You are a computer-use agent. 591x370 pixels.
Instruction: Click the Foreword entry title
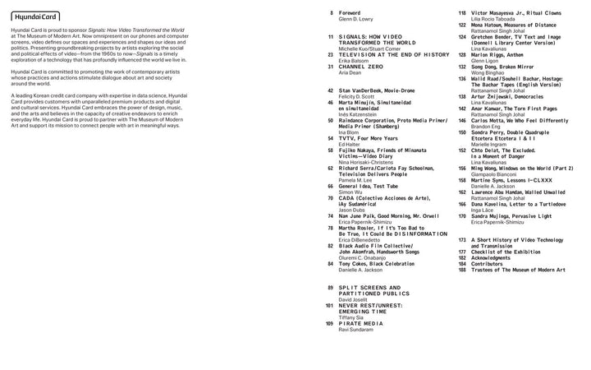(x=350, y=14)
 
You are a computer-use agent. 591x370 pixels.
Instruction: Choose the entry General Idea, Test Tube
(x=369, y=186)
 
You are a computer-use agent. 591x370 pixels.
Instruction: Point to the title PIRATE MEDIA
(x=361, y=323)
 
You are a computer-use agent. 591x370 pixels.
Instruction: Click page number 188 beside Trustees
(x=462, y=269)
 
